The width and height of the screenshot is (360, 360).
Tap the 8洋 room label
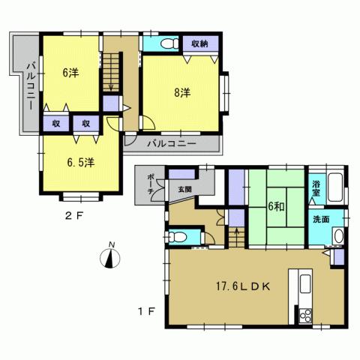pyautogui.click(x=181, y=93)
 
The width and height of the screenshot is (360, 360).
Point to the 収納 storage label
pyautogui.click(x=200, y=43)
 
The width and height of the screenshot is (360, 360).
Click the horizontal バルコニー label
pyautogui.click(x=171, y=142)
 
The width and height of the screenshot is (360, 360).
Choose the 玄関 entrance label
pyautogui.click(x=184, y=190)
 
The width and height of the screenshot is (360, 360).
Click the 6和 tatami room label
pyautogui.click(x=277, y=204)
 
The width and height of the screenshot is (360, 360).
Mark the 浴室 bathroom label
pyautogui.click(x=318, y=184)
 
